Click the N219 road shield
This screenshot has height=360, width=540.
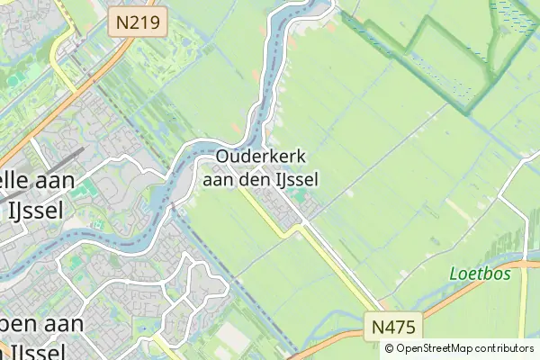click(x=138, y=22)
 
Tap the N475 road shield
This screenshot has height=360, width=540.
click(x=391, y=324)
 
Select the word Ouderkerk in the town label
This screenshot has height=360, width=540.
click(x=255, y=157)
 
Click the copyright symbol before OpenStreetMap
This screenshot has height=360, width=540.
click(x=391, y=347)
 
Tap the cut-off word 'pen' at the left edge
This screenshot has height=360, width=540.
click(x=13, y=324)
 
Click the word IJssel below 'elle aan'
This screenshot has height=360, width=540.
click(x=33, y=211)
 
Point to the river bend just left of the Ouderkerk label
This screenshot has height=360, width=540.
click(x=193, y=157)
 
